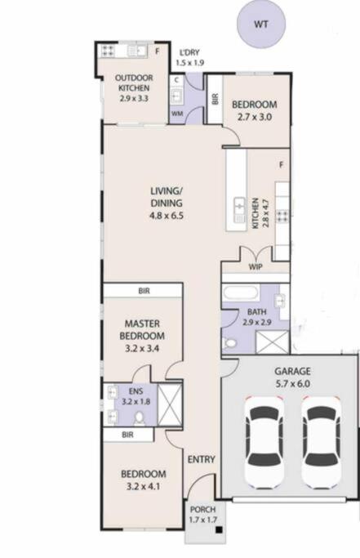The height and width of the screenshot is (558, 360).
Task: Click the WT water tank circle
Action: [x=261, y=25]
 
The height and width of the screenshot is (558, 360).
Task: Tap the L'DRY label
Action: [x=189, y=52]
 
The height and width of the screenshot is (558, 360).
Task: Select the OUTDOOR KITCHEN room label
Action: [x=134, y=83]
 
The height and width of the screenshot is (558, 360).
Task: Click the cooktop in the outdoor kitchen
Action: [x=108, y=51]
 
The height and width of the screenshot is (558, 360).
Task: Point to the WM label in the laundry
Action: [x=177, y=114]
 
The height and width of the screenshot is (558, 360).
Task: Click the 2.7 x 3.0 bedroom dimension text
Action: [x=255, y=117]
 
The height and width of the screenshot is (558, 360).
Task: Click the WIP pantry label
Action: [x=256, y=267]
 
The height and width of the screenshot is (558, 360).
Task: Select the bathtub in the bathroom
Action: [x=240, y=292]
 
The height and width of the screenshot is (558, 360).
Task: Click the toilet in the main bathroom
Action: [x=229, y=343]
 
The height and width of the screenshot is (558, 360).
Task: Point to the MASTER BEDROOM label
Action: [x=142, y=329]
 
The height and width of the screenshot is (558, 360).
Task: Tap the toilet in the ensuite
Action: [x=140, y=418]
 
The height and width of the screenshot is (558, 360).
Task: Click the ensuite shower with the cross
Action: [x=169, y=404]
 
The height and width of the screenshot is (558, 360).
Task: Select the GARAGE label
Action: [x=292, y=372]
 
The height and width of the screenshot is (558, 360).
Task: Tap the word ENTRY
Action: [x=202, y=459]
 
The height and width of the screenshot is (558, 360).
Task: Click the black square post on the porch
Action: [x=219, y=530]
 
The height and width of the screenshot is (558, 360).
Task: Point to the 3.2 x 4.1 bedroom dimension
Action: [x=143, y=486]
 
